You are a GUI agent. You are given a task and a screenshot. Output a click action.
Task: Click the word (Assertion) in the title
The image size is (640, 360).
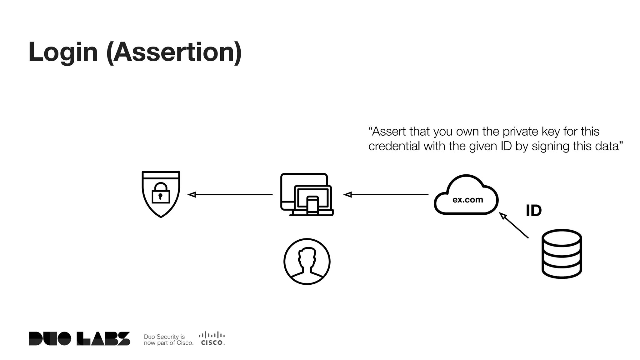(174, 52)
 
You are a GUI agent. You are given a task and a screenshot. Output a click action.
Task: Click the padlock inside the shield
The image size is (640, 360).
(161, 193)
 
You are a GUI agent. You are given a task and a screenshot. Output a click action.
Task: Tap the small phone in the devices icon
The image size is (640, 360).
(312, 205)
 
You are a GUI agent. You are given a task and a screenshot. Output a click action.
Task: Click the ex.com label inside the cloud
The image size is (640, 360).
(467, 200)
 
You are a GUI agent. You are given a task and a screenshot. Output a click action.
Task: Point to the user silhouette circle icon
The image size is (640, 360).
(307, 262)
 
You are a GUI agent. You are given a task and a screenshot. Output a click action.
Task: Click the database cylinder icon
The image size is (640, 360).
(562, 254)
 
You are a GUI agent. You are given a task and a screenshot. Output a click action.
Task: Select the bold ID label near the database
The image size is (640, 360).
(533, 211)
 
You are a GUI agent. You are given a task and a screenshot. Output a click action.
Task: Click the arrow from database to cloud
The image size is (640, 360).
(514, 225)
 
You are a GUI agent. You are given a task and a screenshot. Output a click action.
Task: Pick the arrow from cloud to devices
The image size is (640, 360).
(386, 195)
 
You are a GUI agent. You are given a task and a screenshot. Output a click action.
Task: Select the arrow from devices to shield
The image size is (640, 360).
(230, 195)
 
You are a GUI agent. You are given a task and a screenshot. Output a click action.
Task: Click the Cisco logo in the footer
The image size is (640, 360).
(212, 339)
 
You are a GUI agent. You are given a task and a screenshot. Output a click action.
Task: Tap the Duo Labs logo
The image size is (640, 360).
(79, 339)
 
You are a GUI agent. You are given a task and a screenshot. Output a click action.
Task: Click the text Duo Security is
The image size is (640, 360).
(164, 337)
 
